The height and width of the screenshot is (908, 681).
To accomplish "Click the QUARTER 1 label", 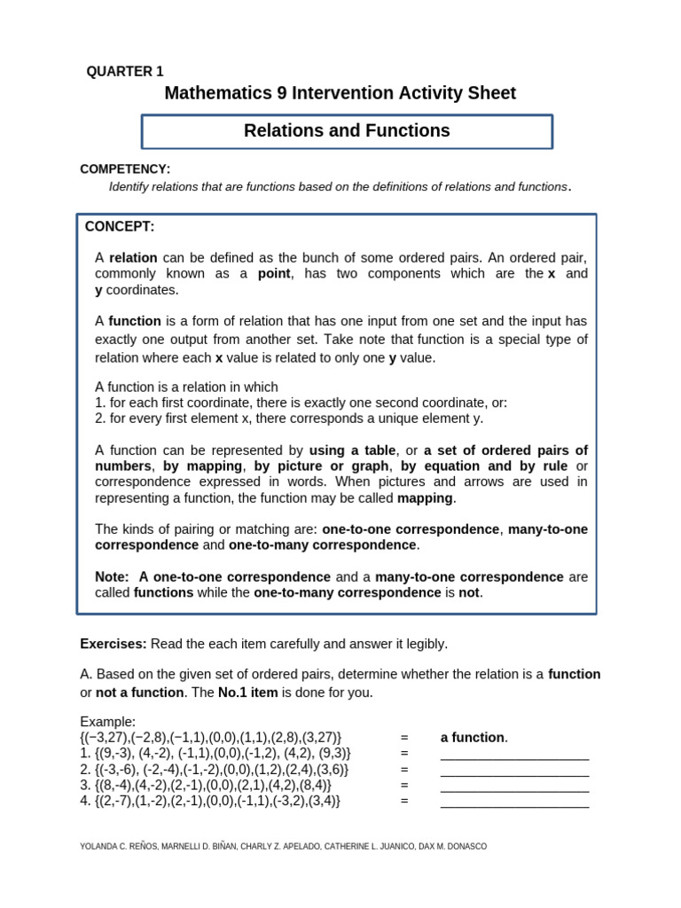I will (x=125, y=72).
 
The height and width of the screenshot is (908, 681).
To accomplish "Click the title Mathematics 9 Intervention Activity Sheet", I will (x=340, y=93).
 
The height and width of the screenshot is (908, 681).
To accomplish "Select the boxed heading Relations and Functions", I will (x=347, y=131).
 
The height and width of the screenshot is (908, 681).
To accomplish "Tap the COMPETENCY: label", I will (x=125, y=168).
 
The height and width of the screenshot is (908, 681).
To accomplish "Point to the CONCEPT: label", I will (x=120, y=227).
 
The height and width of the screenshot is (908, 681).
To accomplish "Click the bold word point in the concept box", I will (x=274, y=274).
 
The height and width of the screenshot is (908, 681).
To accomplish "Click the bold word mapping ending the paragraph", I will (x=426, y=498).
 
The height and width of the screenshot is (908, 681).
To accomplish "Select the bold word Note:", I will (x=113, y=577).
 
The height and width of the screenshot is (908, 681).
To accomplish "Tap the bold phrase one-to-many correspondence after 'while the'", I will (x=347, y=593).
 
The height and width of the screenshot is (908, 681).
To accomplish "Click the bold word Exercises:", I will (x=113, y=644).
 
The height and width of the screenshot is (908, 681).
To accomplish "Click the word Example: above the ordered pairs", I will (x=107, y=722).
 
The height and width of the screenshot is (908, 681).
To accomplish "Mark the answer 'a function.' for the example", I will (x=474, y=738).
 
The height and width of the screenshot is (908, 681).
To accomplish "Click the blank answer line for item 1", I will (x=514, y=754).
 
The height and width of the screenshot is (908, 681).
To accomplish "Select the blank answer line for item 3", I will (x=514, y=786).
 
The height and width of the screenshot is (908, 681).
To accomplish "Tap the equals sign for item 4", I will (x=403, y=801).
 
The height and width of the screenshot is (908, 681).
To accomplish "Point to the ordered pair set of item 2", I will (x=214, y=770).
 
